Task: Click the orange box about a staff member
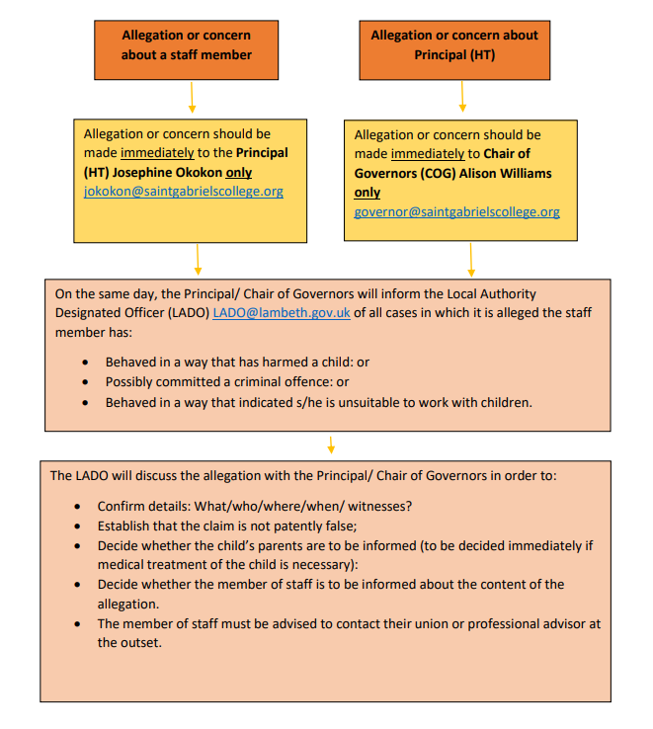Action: pyautogui.click(x=187, y=45)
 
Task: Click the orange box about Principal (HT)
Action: pyautogui.click(x=454, y=45)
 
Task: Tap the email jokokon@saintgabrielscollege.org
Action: pyautogui.click(x=183, y=192)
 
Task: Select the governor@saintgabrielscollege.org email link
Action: pyautogui.click(x=456, y=211)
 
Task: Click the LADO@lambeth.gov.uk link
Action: pyautogui.click(x=275, y=312)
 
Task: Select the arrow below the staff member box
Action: pyautogui.click(x=192, y=99)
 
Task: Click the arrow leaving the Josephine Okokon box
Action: pyautogui.click(x=199, y=259)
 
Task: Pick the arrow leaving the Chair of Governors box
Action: pyautogui.click(x=470, y=259)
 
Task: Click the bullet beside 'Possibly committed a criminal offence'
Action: pyautogui.click(x=86, y=382)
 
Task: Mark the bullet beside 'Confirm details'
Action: pyautogui.click(x=78, y=507)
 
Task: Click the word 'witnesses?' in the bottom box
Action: pyautogui.click(x=379, y=506)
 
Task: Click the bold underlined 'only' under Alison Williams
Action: pyautogui.click(x=367, y=193)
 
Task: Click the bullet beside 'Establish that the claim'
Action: pyautogui.click(x=78, y=526)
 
